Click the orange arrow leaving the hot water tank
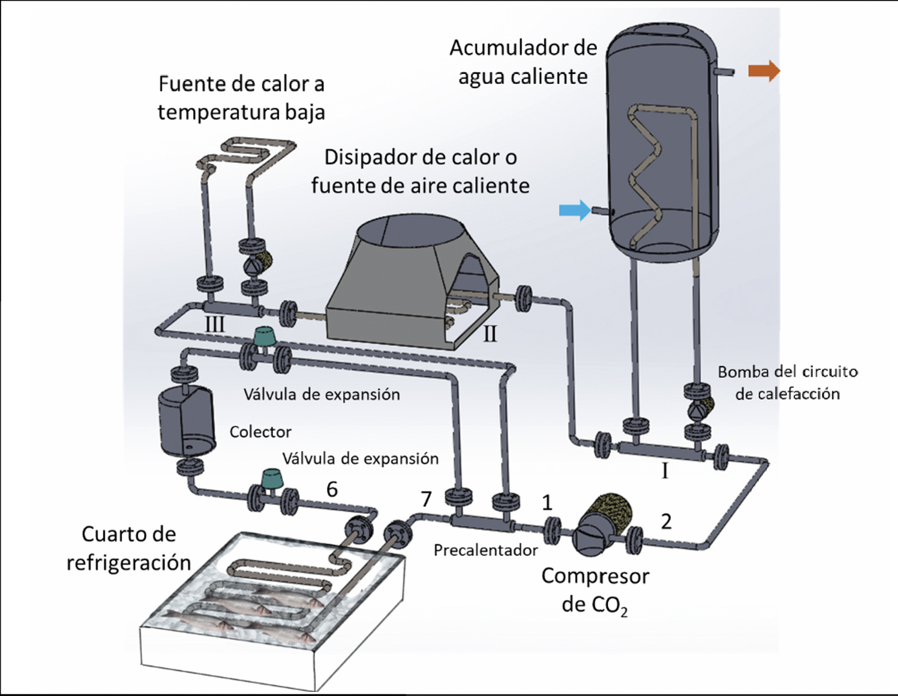764,71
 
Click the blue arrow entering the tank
575,210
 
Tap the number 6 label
332,489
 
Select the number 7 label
426,499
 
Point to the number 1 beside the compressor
547,503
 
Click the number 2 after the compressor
666,521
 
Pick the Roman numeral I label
664,471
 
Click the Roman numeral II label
490,334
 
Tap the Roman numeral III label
215,324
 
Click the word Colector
261,432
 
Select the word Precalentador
485,550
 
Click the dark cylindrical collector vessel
187,420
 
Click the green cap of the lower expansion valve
272,479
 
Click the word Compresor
595,576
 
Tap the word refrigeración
129,563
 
